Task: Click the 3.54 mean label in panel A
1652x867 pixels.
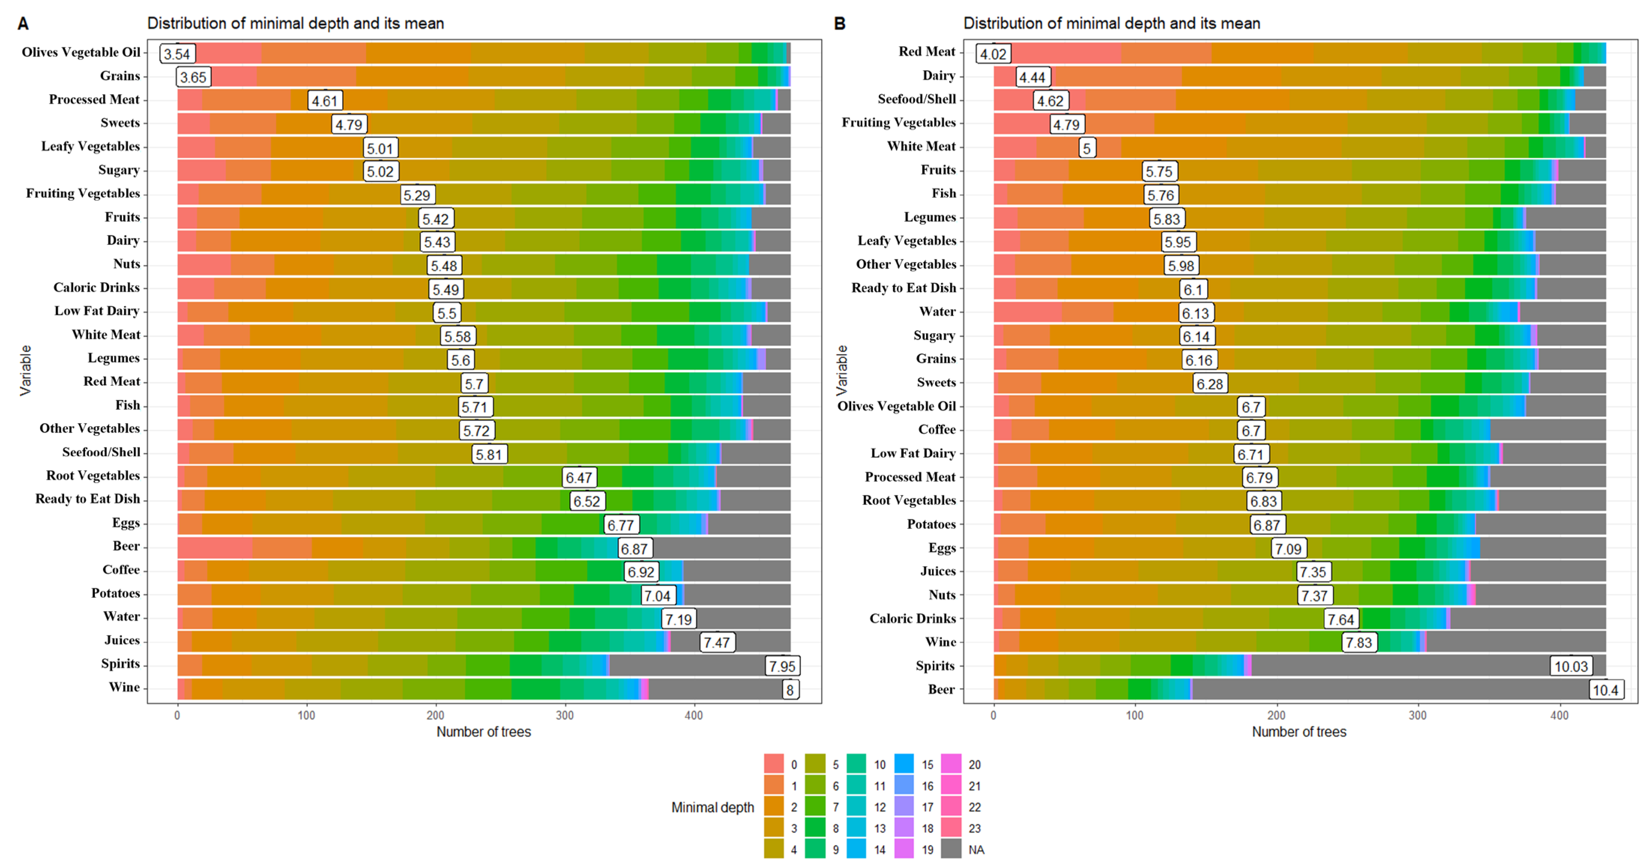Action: point(177,54)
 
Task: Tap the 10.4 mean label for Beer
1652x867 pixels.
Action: point(1605,690)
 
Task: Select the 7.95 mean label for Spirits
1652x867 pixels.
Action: point(782,666)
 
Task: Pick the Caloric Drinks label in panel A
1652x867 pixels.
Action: point(96,287)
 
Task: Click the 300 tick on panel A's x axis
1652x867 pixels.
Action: point(564,715)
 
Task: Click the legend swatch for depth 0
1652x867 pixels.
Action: point(774,764)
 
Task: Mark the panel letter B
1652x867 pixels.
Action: point(839,24)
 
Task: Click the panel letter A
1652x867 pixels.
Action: point(23,24)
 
